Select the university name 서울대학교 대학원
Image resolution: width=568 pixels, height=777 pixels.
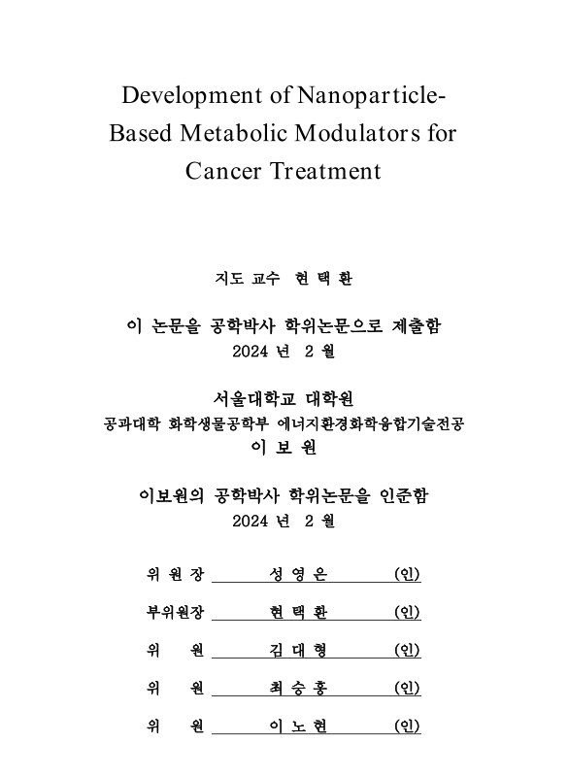[x=284, y=399]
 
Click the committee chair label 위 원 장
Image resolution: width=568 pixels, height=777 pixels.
[x=176, y=575]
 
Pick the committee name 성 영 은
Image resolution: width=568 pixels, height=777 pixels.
[x=299, y=575]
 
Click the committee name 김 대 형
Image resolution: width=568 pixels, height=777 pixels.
[x=299, y=651]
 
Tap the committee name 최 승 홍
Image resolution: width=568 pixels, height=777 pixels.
[x=299, y=689]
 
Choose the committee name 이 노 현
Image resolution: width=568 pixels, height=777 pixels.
[x=299, y=726]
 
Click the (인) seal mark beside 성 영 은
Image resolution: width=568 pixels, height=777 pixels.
[x=407, y=575]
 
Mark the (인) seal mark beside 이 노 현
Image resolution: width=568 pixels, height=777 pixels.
[x=407, y=726]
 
